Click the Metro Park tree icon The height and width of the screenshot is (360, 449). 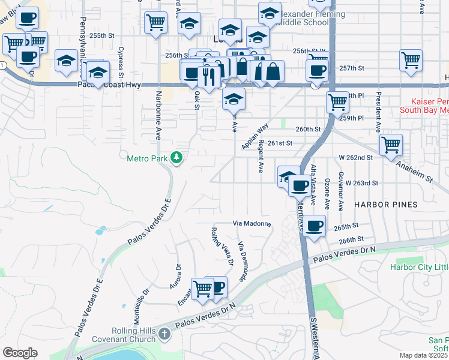point(176,158)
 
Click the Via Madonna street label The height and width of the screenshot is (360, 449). point(252,224)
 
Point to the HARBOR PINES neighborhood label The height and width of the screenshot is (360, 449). point(385,205)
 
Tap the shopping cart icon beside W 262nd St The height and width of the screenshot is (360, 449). point(391,144)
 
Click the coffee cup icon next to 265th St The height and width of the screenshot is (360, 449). point(314,226)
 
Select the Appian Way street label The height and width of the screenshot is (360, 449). point(255,137)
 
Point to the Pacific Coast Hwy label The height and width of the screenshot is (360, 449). point(109,85)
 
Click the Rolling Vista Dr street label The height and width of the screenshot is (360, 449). point(221,245)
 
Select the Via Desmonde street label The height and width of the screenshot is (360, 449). point(243,261)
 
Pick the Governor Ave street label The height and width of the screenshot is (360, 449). point(340,191)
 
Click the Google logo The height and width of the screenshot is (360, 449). point(20,353)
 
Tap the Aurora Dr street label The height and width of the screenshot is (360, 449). point(175,277)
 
